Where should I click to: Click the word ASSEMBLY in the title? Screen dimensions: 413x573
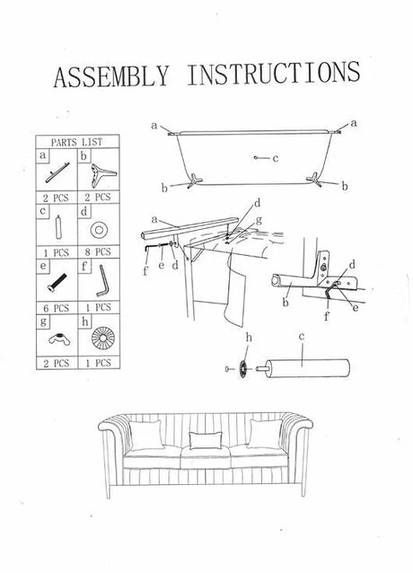tap(111, 76)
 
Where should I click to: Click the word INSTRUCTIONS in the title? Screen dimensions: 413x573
tap(274, 74)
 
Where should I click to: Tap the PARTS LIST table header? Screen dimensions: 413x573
tap(76, 142)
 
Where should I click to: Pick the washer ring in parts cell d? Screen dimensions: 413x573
tap(99, 230)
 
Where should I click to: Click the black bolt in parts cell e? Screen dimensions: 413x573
tap(57, 283)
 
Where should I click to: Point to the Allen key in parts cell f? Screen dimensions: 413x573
tap(101, 280)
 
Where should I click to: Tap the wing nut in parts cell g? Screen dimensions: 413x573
tap(59, 339)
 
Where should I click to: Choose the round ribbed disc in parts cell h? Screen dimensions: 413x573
tap(102, 337)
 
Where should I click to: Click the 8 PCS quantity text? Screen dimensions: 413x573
tap(98, 252)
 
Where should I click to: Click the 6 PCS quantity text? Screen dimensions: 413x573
tap(56, 308)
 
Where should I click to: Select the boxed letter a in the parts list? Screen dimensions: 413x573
tap(43, 155)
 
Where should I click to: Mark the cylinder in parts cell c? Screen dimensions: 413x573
tap(58, 227)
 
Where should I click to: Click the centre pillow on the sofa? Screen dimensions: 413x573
tap(206, 440)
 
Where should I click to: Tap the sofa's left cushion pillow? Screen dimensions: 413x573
tap(145, 436)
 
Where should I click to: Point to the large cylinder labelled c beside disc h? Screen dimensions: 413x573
tap(307, 368)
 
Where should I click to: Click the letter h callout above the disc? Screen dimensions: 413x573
tap(249, 338)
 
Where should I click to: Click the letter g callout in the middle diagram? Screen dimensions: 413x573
tap(259, 220)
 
